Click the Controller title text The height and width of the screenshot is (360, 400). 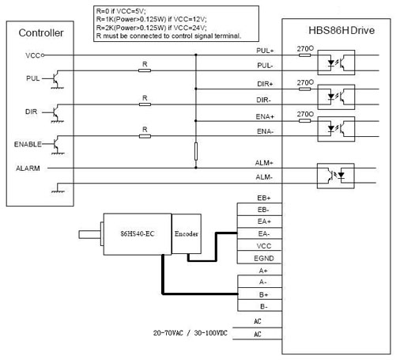[x=41, y=33]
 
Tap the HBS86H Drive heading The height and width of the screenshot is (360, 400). [x=342, y=30]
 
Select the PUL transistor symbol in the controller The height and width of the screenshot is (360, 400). [x=56, y=79]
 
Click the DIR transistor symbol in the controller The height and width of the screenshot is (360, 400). [x=56, y=113]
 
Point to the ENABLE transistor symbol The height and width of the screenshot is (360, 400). [x=57, y=144]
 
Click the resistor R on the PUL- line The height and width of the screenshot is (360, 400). [x=145, y=70]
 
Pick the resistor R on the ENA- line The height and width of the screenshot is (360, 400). [x=145, y=136]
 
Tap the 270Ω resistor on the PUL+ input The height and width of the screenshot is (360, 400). [x=304, y=55]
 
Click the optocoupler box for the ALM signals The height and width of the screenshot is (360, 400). [x=335, y=176]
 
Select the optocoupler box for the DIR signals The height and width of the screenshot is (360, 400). [x=336, y=97]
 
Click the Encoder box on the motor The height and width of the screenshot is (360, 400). [x=187, y=233]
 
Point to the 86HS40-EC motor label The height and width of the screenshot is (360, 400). [x=138, y=233]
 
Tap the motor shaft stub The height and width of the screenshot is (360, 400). [x=89, y=234]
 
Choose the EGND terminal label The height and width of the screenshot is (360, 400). [x=264, y=259]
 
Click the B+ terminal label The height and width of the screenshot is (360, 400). [x=263, y=294]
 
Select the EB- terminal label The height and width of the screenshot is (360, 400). [x=263, y=210]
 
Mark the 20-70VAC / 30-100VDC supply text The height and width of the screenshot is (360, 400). [x=191, y=333]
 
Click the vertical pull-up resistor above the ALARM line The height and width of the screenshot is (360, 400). [x=196, y=151]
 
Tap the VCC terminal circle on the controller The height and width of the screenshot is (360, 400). [x=43, y=55]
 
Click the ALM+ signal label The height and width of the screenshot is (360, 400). [x=264, y=163]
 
